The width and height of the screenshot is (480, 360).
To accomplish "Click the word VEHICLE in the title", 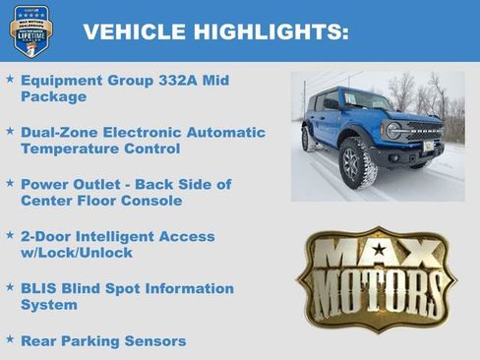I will tap(134, 31).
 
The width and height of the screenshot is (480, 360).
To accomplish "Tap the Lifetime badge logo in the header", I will tap(30, 30).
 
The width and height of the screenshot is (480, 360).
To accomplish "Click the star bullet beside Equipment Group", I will tap(10, 79).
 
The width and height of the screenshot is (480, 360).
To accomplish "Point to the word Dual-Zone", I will tap(58, 132).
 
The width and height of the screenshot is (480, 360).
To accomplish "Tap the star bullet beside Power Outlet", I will tap(10, 184).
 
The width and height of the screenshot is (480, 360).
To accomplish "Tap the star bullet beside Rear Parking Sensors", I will tap(10, 339).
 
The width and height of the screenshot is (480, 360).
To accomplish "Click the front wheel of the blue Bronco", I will tap(354, 164).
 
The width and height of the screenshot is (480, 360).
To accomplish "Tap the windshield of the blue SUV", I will tap(365, 100).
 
